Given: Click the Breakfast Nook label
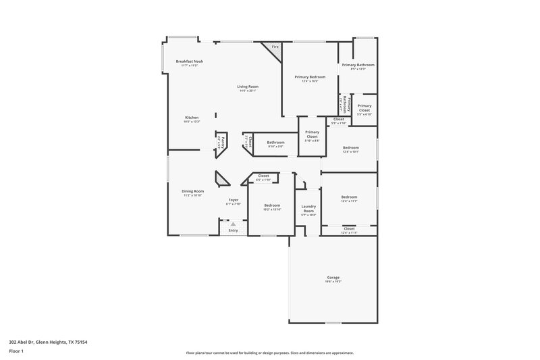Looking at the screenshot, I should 189,61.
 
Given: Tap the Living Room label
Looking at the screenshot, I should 247,86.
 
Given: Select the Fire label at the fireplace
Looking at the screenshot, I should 275,47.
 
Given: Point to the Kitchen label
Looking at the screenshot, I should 192,118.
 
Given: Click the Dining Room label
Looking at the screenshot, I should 192,191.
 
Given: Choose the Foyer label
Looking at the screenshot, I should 233,200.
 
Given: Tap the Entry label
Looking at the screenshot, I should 233,230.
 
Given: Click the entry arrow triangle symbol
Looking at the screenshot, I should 233,224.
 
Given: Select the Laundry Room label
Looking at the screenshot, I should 308,209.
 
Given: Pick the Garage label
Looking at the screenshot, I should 333,277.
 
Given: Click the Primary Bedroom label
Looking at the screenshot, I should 310,77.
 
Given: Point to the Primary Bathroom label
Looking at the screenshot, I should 358,65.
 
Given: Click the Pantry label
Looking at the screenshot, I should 222,141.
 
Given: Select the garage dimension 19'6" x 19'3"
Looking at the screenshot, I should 333,281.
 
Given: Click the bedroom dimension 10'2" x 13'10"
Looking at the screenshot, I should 272,209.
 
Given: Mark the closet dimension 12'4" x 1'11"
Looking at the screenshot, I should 349,232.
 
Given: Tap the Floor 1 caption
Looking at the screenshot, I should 16,352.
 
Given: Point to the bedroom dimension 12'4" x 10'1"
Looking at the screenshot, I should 350,151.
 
